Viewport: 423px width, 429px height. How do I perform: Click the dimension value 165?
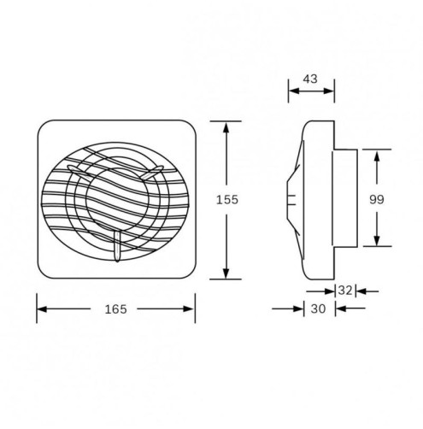pos(115,309)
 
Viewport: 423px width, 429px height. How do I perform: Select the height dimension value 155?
pos(226,199)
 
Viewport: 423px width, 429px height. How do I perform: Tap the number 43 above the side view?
pos(310,79)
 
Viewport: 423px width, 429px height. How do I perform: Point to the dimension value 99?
pos(377,199)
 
